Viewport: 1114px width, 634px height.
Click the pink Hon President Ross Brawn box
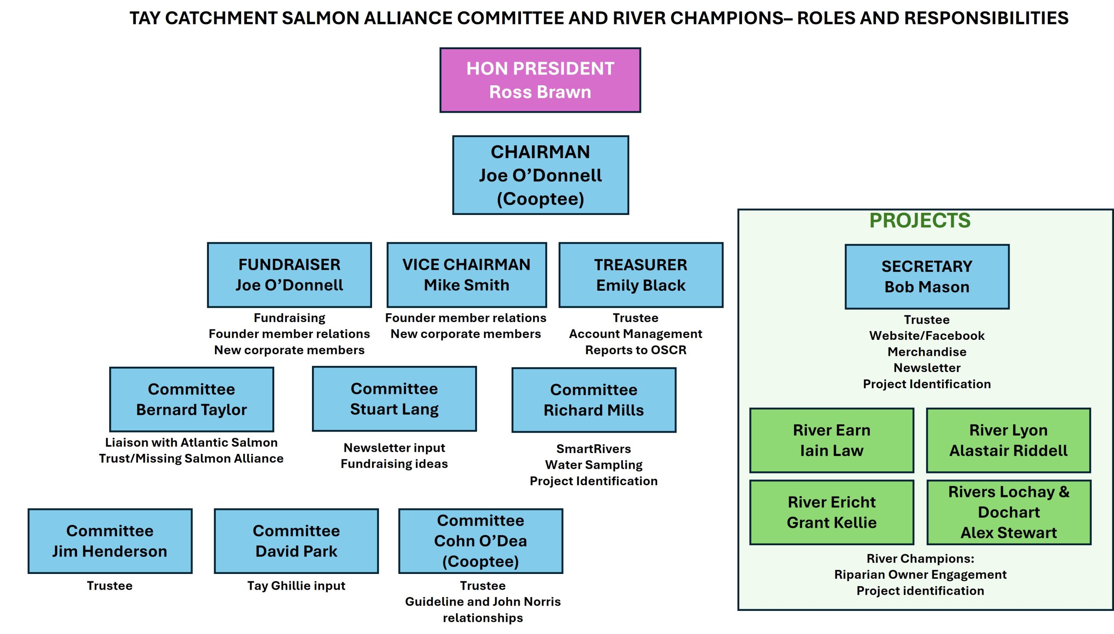(540, 80)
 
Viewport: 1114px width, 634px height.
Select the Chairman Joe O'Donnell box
(540, 175)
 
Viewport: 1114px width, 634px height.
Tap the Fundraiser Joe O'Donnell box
(289, 275)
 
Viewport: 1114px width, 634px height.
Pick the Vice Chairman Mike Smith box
(466, 275)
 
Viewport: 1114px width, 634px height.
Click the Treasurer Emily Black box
(641, 275)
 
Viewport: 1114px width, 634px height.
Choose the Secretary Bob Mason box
(927, 276)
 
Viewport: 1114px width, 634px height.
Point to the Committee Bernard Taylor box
(191, 399)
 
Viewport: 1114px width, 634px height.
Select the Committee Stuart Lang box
(394, 399)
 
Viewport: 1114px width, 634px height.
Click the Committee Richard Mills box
(594, 400)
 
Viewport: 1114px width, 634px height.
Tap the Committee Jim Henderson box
(110, 541)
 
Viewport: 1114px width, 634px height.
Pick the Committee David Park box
(296, 541)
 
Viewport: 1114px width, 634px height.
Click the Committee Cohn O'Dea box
(480, 541)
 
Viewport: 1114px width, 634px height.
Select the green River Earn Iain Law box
(832, 440)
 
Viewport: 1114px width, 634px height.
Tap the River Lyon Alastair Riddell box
(1008, 440)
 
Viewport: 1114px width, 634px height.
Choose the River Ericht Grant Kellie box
(832, 512)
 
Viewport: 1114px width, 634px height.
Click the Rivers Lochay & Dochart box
(1009, 512)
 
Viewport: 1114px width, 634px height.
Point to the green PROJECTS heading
(920, 220)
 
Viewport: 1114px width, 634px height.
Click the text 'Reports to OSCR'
(636, 350)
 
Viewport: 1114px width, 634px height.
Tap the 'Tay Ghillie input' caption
(296, 586)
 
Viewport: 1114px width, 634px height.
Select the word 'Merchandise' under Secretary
(927, 352)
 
